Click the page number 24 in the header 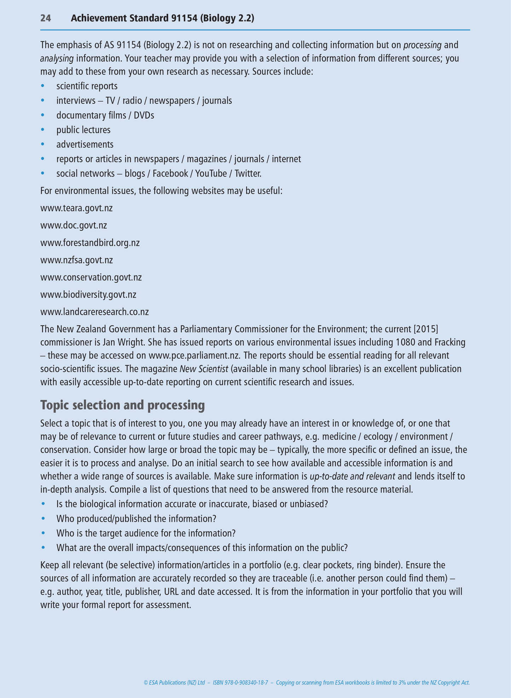tap(46, 18)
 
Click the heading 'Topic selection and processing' tap(122, 405)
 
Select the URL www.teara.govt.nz tap(76, 208)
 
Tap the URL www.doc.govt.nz tap(74, 226)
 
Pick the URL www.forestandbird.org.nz tap(90, 243)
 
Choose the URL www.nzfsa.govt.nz tap(76, 260)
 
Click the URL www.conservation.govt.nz tap(91, 278)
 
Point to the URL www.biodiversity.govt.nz tap(88, 295)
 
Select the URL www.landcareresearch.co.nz tap(94, 312)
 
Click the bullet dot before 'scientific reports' tap(43, 86)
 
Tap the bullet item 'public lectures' tap(83, 130)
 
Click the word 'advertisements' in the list tap(85, 144)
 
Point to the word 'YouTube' tap(211, 174)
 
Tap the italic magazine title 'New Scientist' tap(204, 369)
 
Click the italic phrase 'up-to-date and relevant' tap(352, 477)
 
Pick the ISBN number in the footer tap(240, 682)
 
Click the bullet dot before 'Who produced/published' tap(43, 519)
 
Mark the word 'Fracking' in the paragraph tap(450, 342)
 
